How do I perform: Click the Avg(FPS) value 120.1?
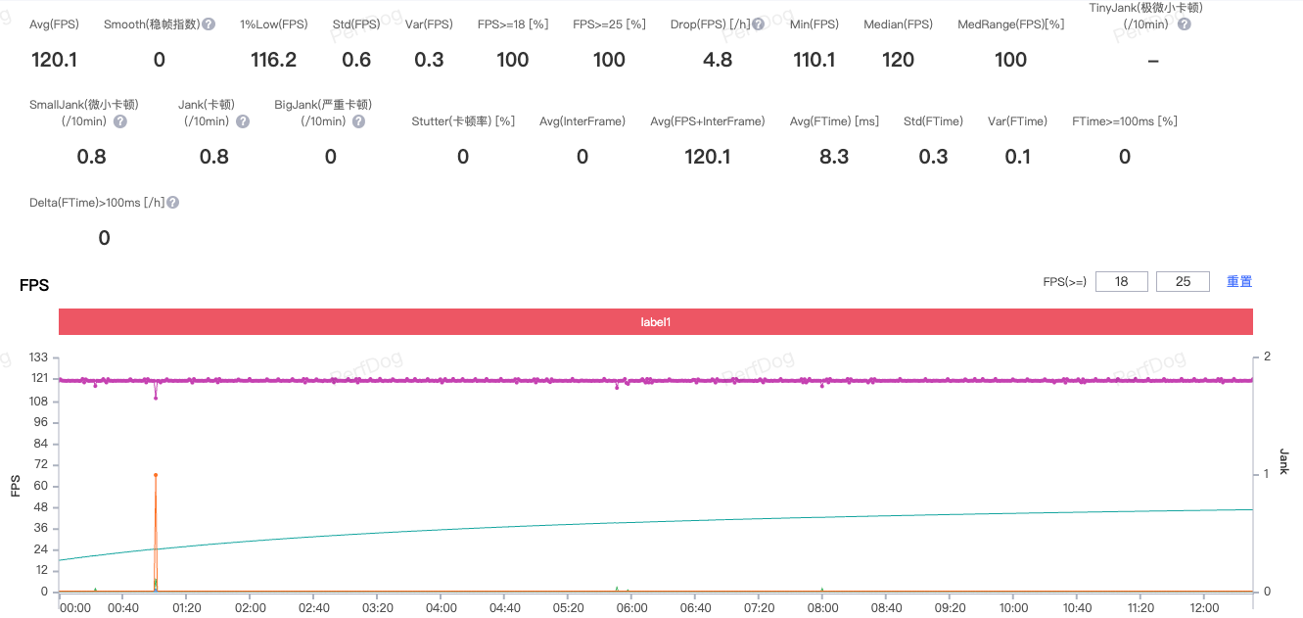tap(55, 60)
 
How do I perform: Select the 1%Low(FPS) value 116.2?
tap(273, 60)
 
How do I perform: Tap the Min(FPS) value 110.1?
tap(814, 60)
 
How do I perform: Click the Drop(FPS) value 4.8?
tap(718, 60)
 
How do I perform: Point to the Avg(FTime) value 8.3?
tap(834, 157)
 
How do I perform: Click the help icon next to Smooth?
tap(209, 24)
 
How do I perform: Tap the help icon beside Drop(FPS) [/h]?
tap(758, 24)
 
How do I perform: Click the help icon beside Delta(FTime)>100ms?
tap(172, 203)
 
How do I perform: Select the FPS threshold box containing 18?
tap(1122, 282)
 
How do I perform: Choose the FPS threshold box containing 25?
tap(1183, 282)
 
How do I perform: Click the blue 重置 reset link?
tap(1239, 282)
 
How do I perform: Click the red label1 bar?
tap(655, 321)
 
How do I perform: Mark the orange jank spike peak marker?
tap(156, 475)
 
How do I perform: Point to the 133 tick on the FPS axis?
tap(39, 357)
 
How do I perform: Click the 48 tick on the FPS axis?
tap(41, 507)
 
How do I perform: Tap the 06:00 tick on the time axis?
tap(632, 608)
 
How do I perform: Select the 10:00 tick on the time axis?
tap(1013, 608)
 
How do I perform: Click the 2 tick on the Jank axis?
tap(1267, 357)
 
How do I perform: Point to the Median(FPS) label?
tap(898, 24)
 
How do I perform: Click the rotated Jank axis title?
tap(1283, 462)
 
